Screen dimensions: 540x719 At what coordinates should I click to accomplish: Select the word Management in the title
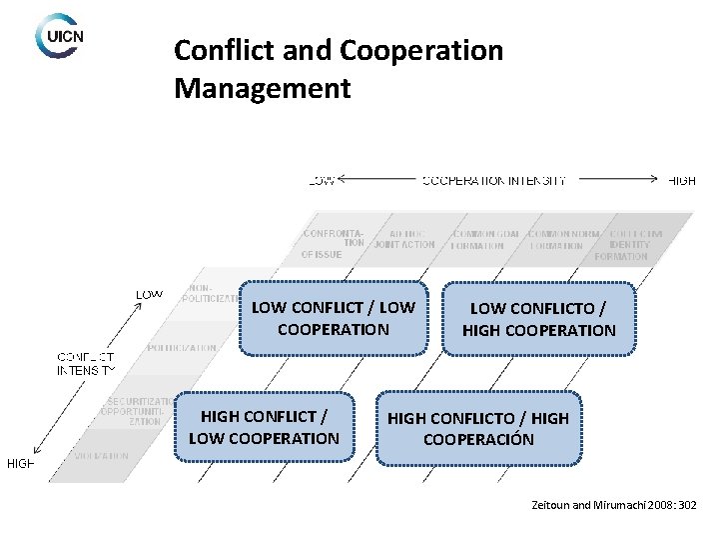tap(262, 89)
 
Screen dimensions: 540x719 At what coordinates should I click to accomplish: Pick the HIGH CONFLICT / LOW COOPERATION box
tap(264, 427)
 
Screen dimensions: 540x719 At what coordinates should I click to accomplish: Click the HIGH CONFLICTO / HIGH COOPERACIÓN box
tap(478, 428)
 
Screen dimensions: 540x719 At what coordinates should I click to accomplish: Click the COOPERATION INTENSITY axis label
tap(494, 181)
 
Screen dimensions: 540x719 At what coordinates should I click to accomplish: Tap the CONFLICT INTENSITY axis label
tap(86, 363)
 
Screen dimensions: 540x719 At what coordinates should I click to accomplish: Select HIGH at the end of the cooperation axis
tap(681, 181)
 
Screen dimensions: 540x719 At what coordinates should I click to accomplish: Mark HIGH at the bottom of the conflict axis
tap(21, 463)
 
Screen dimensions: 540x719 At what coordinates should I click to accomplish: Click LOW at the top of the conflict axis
tap(149, 294)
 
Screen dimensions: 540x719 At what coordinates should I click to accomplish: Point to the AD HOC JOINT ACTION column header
tap(406, 238)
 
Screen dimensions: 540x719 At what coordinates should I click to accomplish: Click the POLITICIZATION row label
tap(182, 348)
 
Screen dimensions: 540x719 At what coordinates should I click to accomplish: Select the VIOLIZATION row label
tap(100, 456)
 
